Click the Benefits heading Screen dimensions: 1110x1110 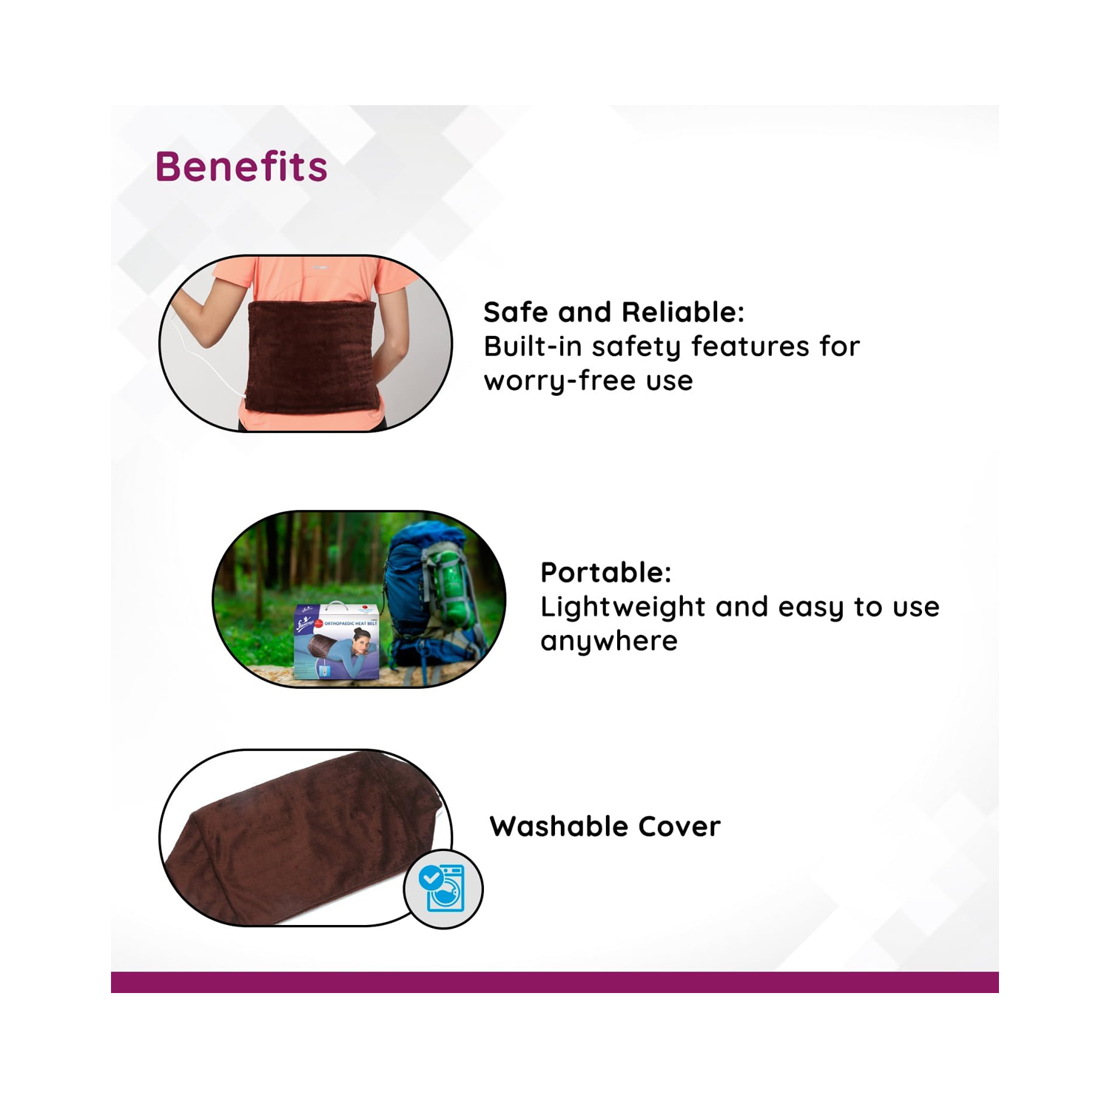(241, 166)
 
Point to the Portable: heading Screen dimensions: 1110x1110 (605, 572)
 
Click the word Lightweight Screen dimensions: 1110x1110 (622, 607)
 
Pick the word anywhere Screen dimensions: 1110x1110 (608, 641)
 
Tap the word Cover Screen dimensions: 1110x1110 (679, 827)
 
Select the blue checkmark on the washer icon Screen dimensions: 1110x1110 (430, 878)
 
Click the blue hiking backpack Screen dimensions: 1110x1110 (429, 599)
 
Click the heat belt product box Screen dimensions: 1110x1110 (337, 642)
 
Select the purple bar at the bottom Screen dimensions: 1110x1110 (555, 982)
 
